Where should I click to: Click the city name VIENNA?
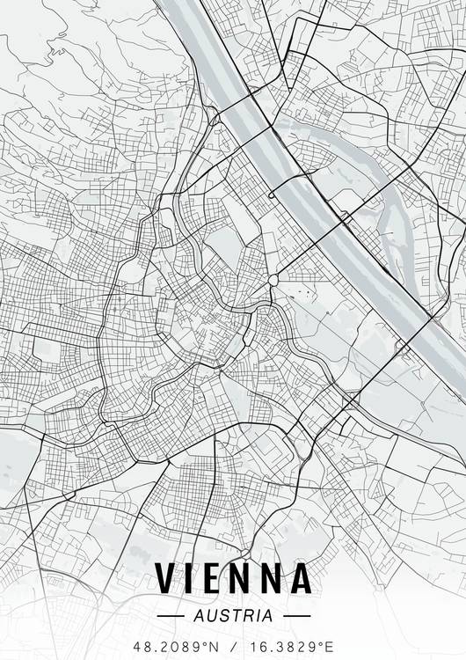pyautogui.click(x=233, y=577)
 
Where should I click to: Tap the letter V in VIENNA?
pyautogui.click(x=166, y=577)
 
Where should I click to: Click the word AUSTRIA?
pyautogui.click(x=233, y=615)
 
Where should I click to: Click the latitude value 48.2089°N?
pyautogui.click(x=176, y=646)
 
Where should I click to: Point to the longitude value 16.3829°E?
pyautogui.click(x=291, y=646)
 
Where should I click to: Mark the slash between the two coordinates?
pyautogui.click(x=233, y=646)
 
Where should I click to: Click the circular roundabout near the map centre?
pyautogui.click(x=273, y=281)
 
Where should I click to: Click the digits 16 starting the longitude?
pyautogui.click(x=257, y=646)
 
